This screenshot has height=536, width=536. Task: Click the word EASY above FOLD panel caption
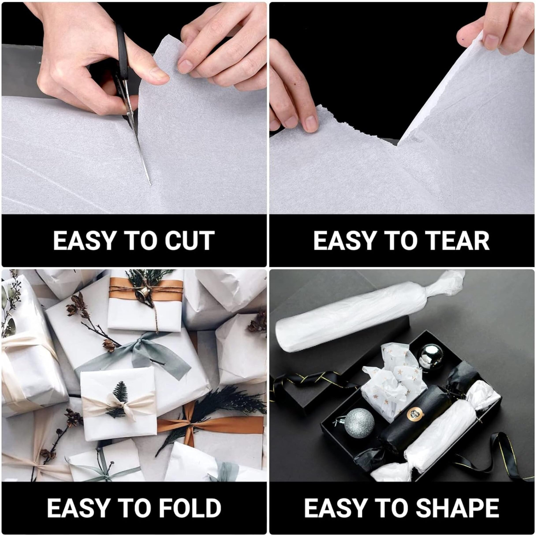click(x=77, y=508)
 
